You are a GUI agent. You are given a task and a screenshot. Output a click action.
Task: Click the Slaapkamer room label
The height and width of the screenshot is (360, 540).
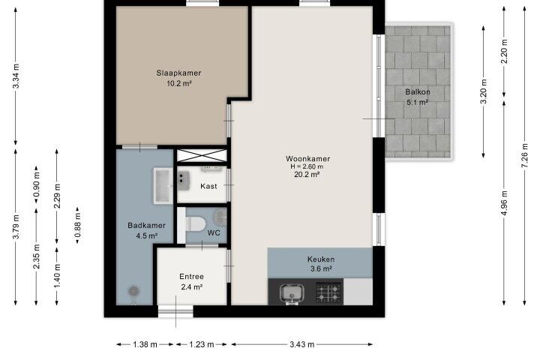tap(178, 73)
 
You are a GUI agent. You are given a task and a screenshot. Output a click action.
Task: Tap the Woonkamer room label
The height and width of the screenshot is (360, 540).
tap(308, 158)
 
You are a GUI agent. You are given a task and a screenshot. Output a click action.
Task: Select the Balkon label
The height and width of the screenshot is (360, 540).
tap(418, 92)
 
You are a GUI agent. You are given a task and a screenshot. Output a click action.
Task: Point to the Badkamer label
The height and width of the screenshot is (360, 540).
tap(146, 225)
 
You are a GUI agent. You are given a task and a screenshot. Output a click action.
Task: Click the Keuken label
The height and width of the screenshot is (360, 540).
tap(321, 259)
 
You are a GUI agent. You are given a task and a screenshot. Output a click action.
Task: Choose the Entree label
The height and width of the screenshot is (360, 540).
tap(191, 276)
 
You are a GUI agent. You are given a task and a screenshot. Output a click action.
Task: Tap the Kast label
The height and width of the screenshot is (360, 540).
tap(208, 186)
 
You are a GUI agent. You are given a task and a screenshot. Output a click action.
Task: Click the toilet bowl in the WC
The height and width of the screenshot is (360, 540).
tap(195, 224)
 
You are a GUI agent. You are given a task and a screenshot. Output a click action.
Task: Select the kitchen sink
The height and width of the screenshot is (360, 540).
tap(292, 293)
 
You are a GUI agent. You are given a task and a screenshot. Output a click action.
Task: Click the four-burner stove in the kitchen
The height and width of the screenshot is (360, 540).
tap(329, 292)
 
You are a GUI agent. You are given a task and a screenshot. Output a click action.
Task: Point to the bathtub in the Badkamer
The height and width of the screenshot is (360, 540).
tap(163, 186)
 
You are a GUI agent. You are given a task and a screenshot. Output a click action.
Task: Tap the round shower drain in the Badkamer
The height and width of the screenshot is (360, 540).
tap(133, 291)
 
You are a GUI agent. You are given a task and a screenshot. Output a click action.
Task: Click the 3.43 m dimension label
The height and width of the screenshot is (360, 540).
tap(301, 344)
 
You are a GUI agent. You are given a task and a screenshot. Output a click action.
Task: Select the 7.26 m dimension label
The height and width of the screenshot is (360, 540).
tap(524, 155)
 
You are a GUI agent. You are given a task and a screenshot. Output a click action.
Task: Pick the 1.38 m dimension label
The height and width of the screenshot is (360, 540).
tap(145, 344)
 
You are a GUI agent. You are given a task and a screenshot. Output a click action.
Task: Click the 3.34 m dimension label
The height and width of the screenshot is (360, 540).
tap(16, 76)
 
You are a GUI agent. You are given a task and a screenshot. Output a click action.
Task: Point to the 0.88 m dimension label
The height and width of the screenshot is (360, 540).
tap(78, 225)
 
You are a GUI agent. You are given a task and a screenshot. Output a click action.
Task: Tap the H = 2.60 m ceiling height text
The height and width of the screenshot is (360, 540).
tap(307, 166)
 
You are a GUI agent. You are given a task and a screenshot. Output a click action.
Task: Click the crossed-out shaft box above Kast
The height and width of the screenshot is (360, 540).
tap(202, 155)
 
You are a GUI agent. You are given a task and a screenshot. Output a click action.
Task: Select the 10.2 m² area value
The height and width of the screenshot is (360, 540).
tap(178, 83)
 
